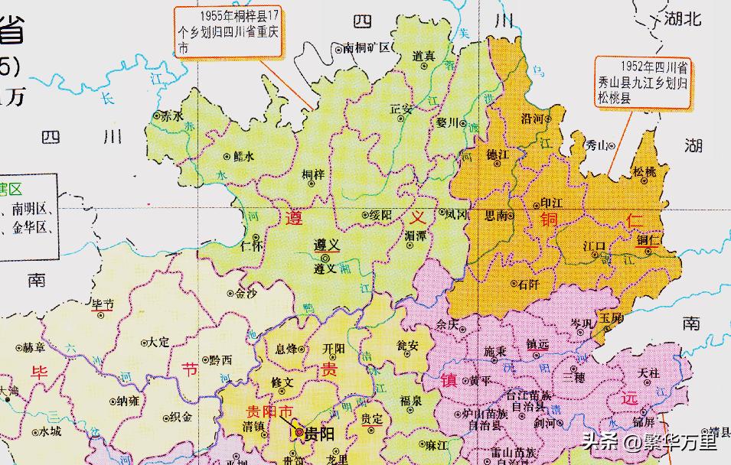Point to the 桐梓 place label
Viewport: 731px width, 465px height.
313,175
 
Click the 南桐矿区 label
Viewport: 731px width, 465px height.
367,47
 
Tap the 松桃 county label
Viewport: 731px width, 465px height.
645,172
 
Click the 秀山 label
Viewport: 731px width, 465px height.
596,145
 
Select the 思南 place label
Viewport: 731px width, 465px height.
497,216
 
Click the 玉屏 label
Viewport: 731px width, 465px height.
609,317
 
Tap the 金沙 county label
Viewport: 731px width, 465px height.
246,293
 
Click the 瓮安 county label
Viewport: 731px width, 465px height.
407,346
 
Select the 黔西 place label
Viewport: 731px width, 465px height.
220,359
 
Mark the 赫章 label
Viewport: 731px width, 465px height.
34,347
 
